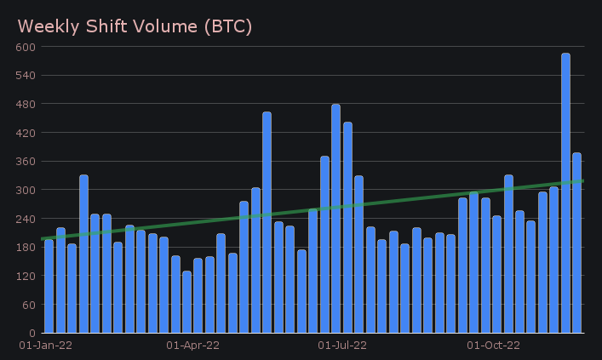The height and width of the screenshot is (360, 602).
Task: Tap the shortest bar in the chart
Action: click(186, 302)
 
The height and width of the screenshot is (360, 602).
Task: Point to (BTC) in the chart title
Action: click(226, 26)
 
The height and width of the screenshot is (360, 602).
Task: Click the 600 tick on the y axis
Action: click(25, 47)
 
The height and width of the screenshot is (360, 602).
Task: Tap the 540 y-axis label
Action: click(25, 76)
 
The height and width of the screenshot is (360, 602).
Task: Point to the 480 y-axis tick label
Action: click(25, 104)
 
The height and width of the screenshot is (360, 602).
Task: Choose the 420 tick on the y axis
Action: click(25, 133)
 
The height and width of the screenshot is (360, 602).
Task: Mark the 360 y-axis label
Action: click(25, 162)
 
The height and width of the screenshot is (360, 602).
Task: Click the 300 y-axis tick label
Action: click(25, 190)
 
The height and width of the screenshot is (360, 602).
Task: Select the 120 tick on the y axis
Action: click(25, 276)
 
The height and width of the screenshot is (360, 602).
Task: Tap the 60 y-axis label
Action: click(28, 305)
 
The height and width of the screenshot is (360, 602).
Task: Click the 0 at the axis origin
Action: click(32, 333)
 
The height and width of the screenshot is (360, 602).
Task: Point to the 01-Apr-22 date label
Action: click(192, 346)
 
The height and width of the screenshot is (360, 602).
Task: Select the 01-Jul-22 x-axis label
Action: click(342, 346)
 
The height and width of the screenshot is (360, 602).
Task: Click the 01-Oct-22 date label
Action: click(494, 346)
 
